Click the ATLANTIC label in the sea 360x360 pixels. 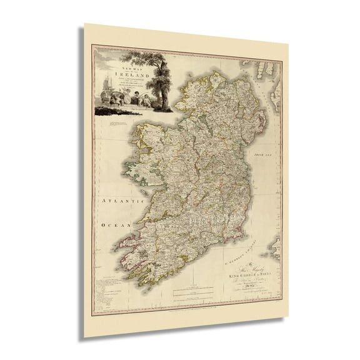[115, 201]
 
